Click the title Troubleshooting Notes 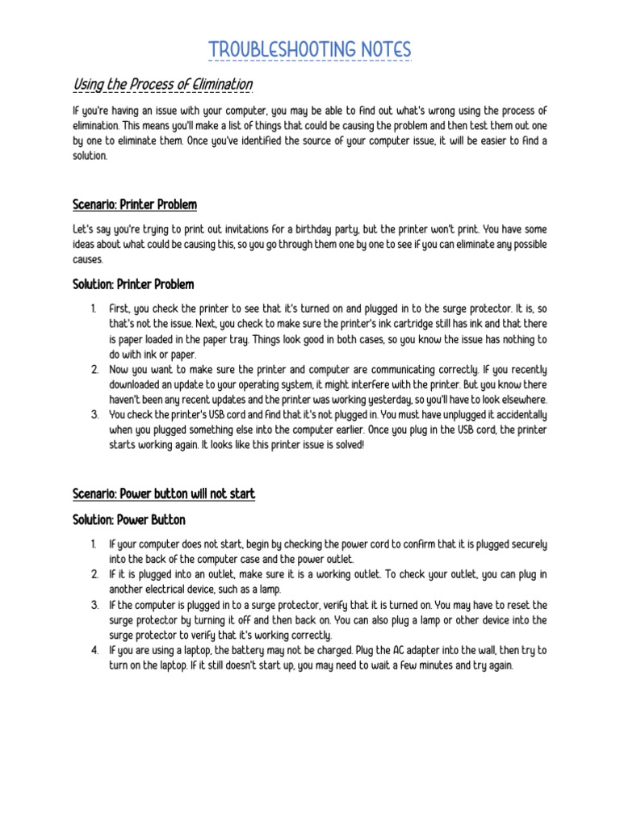click(x=310, y=50)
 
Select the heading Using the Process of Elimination click(x=162, y=85)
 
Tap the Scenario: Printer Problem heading click(x=134, y=204)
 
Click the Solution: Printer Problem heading click(x=133, y=284)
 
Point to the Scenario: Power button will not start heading click(x=164, y=493)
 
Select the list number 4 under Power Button click(x=94, y=650)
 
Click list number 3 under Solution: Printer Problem click(x=94, y=415)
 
